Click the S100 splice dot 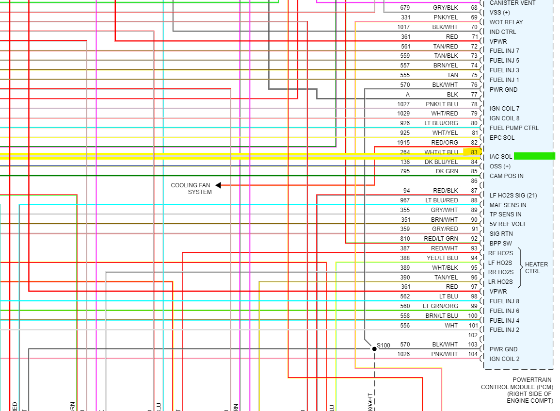click(x=374, y=349)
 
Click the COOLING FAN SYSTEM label click(x=191, y=188)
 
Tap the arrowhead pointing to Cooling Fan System click(x=218, y=185)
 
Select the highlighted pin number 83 click(x=474, y=152)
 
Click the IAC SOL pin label click(x=500, y=157)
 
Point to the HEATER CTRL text click(x=536, y=267)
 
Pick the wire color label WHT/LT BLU click(x=441, y=152)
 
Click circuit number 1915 click(x=403, y=143)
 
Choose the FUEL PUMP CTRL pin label click(x=514, y=128)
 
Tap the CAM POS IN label click(x=506, y=176)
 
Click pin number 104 click(x=473, y=354)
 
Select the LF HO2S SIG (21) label click(x=513, y=196)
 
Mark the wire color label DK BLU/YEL click(x=441, y=162)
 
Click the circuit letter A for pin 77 click(x=408, y=95)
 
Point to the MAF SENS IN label click(x=508, y=205)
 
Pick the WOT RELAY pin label click(x=506, y=22)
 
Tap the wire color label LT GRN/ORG click(x=440, y=306)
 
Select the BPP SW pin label click(x=500, y=244)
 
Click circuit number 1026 click(x=403, y=354)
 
